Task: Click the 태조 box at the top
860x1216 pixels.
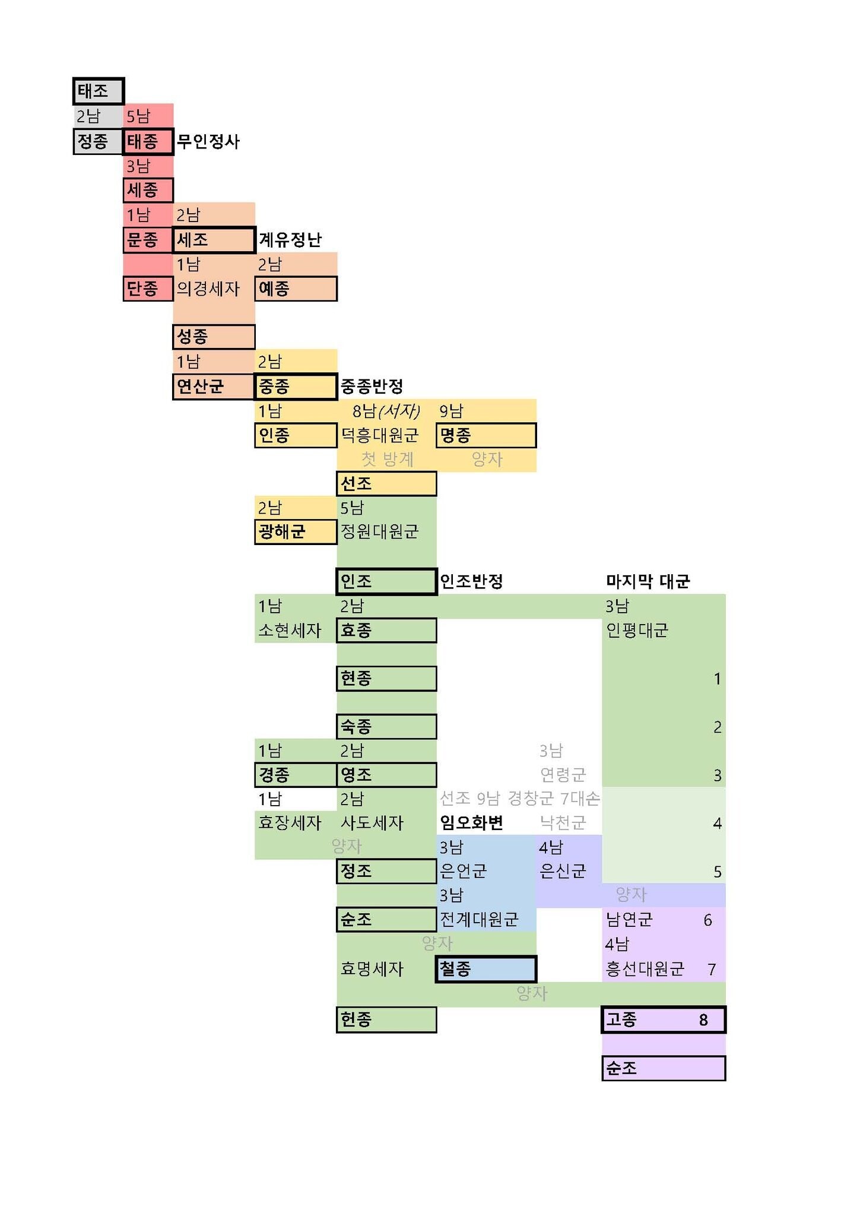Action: pyautogui.click(x=98, y=91)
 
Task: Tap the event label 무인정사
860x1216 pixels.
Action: pyautogui.click(x=208, y=141)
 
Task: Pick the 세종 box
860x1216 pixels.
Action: pyautogui.click(x=148, y=190)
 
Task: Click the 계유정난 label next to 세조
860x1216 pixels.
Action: pyautogui.click(x=290, y=239)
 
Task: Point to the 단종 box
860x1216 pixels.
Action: pyautogui.click(x=148, y=289)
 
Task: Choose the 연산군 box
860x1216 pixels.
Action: pyautogui.click(x=213, y=387)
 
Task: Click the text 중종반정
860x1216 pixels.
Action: pyautogui.click(x=372, y=387)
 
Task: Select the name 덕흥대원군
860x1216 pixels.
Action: pyautogui.click(x=380, y=435)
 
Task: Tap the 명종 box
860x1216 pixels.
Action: pyautogui.click(x=485, y=435)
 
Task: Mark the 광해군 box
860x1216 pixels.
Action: pyautogui.click(x=295, y=531)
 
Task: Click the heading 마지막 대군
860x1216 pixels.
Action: pyautogui.click(x=648, y=581)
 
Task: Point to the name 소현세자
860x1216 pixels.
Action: pyautogui.click(x=290, y=630)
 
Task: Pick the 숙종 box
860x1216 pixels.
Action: pyautogui.click(x=386, y=726)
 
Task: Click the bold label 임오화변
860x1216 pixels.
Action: pyautogui.click(x=472, y=823)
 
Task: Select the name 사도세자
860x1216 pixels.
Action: pyautogui.click(x=372, y=823)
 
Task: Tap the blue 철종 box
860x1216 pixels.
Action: pyautogui.click(x=485, y=969)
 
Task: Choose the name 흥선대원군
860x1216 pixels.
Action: pyautogui.click(x=645, y=969)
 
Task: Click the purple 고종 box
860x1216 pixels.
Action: pyautogui.click(x=664, y=1019)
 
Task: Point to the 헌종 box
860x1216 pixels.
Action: pyautogui.click(x=386, y=1019)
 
